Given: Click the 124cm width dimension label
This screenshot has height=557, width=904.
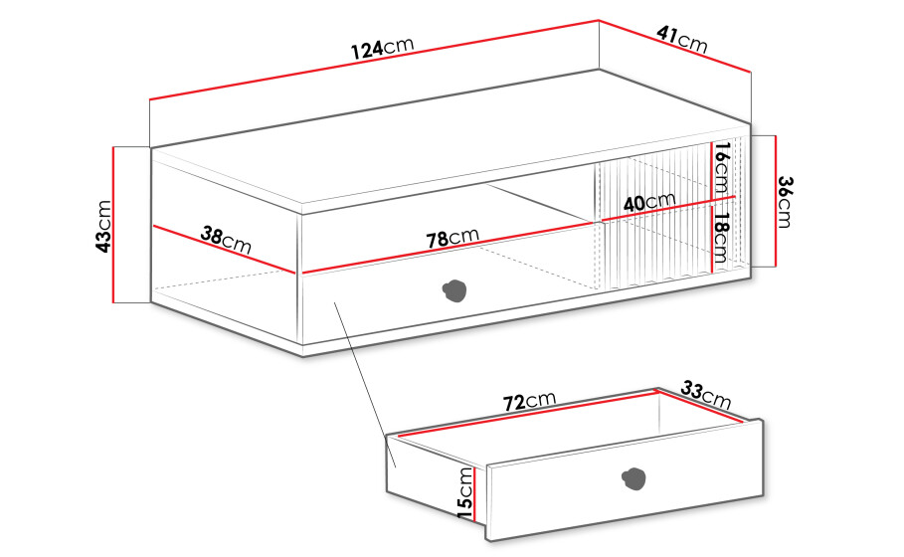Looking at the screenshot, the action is [x=383, y=48].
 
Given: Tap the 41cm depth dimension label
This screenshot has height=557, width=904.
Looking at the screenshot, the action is [x=682, y=39].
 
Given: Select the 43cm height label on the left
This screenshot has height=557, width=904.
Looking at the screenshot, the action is [x=103, y=226].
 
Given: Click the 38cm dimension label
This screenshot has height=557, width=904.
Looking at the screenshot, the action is [x=226, y=240].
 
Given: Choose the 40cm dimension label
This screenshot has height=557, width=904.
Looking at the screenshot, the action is [x=649, y=202].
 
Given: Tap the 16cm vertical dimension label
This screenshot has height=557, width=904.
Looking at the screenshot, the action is [x=722, y=167].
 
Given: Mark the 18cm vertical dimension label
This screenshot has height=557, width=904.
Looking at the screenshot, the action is [x=721, y=238].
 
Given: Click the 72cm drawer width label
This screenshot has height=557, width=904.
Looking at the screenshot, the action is [x=530, y=400].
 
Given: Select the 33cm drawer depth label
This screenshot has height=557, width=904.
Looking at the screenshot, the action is [x=706, y=396].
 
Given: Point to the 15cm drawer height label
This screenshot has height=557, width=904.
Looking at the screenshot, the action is [x=464, y=492].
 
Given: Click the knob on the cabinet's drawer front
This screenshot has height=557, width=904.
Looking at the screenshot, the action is [x=454, y=290].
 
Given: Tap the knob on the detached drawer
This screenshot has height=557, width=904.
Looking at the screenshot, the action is [x=634, y=479].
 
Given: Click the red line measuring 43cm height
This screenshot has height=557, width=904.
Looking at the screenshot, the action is [x=113, y=225].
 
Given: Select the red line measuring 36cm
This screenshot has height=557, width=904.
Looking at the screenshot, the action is [x=776, y=201].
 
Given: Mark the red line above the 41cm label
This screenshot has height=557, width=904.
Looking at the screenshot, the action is [x=674, y=47].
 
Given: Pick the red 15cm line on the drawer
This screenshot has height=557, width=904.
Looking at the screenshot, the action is [x=474, y=493].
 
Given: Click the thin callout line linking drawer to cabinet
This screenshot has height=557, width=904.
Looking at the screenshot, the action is [x=364, y=384].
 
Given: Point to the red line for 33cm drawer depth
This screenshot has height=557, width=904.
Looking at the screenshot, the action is [x=699, y=407].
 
